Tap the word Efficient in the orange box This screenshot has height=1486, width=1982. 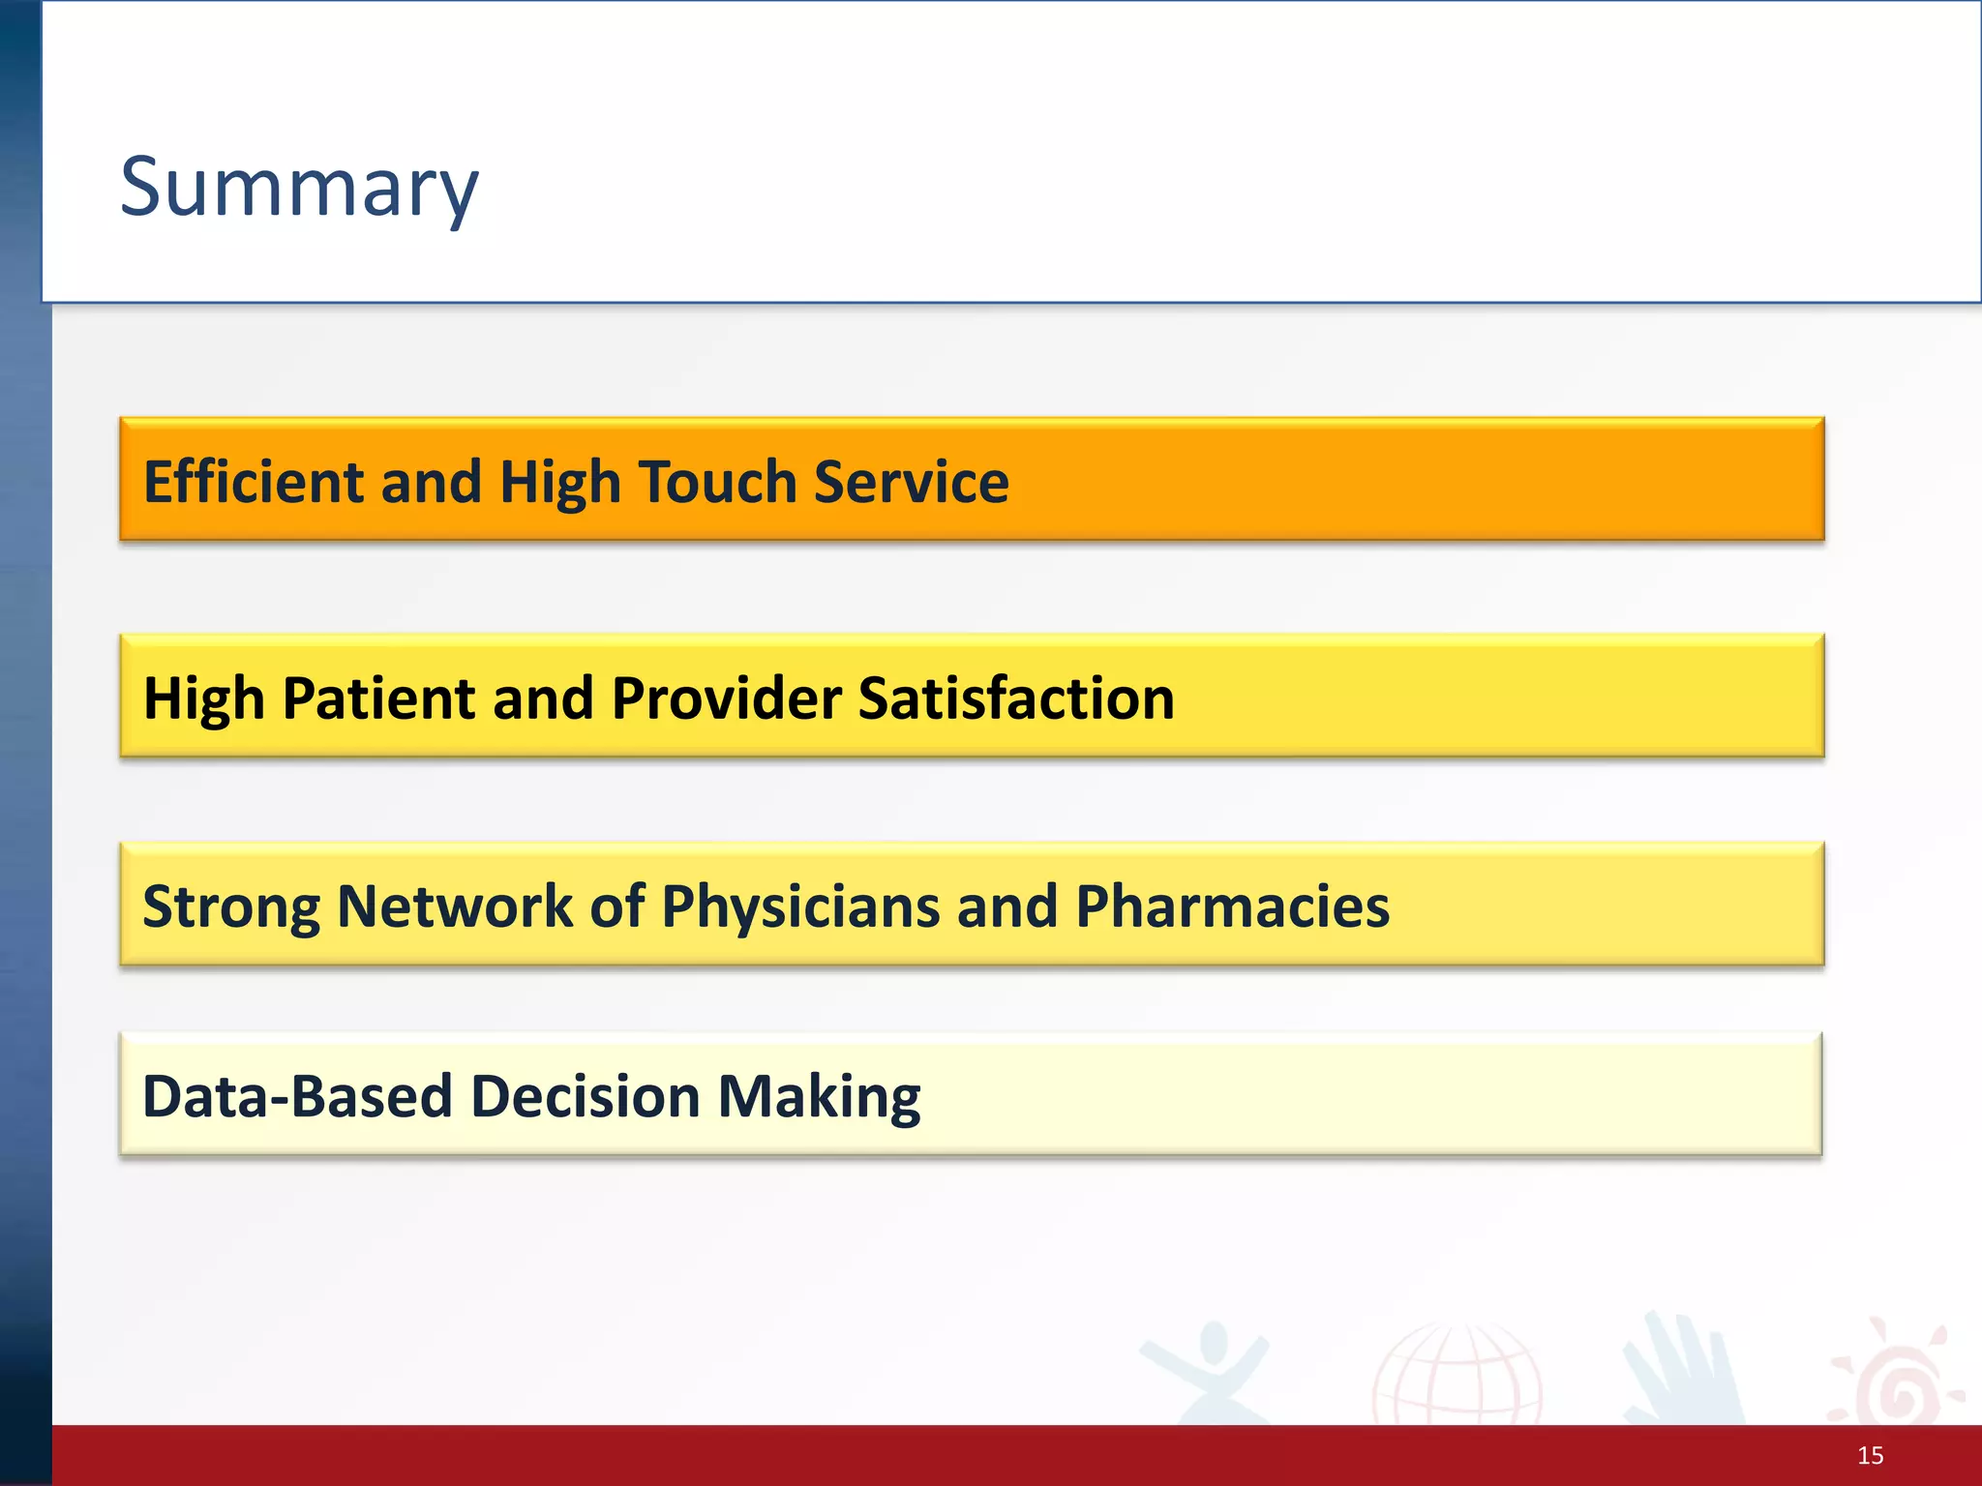pos(254,482)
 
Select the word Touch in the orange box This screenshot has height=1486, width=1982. pos(716,482)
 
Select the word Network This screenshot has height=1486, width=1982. pos(455,907)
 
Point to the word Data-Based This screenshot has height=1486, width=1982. pos(297,1097)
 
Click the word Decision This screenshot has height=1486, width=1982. pos(586,1097)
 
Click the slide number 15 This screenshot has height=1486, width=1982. pos(1870,1456)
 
